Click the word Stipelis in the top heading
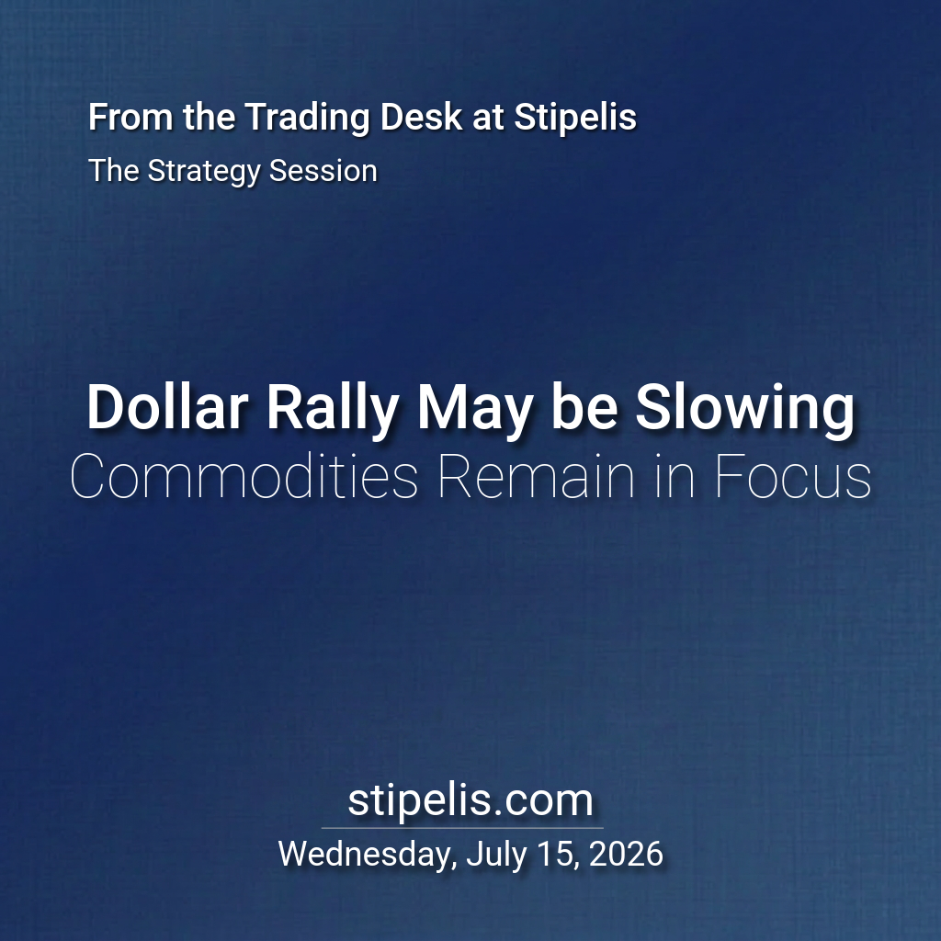575,118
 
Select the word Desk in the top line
421,117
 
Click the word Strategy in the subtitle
204,172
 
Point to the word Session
323,170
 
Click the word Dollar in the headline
167,407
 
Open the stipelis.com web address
470,800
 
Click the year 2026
626,854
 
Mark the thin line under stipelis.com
462,828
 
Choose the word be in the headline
584,407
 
